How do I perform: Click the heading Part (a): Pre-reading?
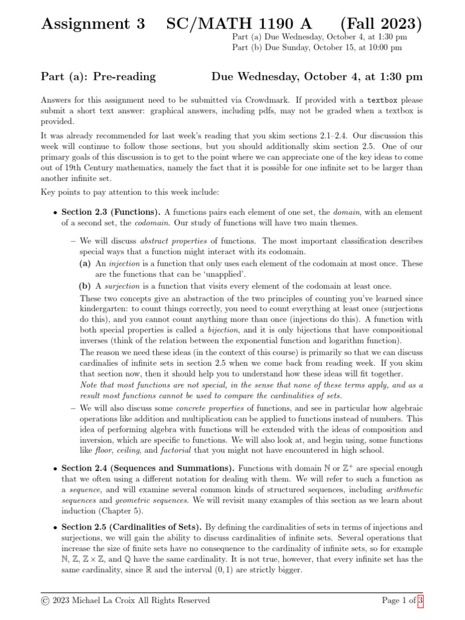click(98, 76)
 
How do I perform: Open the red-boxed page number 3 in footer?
click(420, 601)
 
